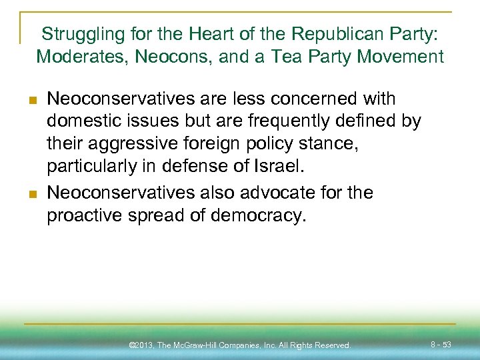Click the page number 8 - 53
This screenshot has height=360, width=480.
coord(441,345)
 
